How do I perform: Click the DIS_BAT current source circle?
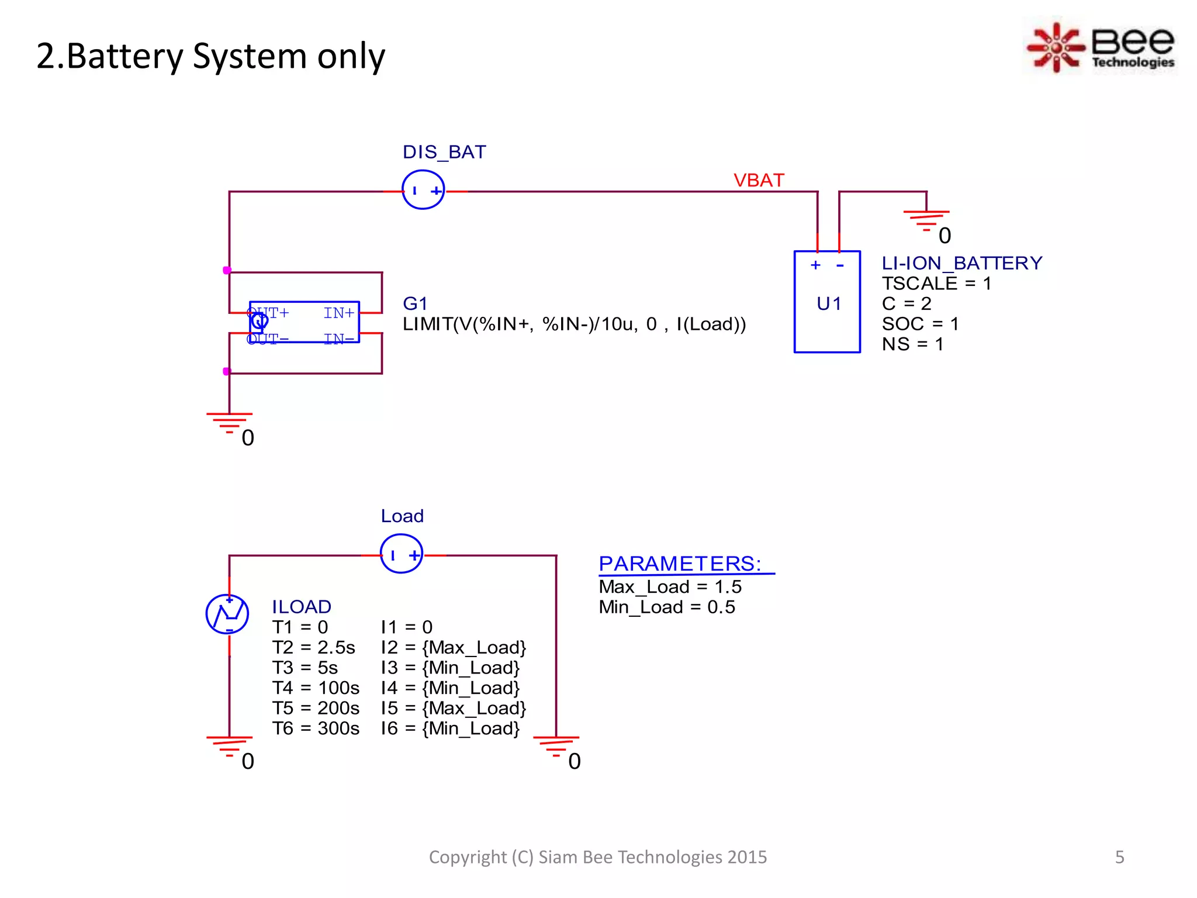(x=423, y=190)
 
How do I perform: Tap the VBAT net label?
(x=759, y=180)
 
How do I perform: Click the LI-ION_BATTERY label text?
(x=961, y=263)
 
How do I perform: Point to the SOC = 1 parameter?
(x=920, y=324)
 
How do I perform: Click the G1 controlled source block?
(x=304, y=322)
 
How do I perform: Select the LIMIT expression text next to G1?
(x=574, y=324)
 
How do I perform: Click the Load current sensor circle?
(x=402, y=554)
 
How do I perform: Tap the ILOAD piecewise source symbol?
(x=227, y=614)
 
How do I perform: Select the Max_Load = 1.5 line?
(x=670, y=586)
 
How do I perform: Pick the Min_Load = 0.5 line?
(x=666, y=607)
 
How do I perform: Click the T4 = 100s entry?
(x=316, y=688)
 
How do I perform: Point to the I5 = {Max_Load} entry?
(x=453, y=708)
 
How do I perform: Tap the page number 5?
(x=1119, y=857)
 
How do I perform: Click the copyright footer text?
(x=597, y=857)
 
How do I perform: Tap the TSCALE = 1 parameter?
(x=936, y=284)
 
